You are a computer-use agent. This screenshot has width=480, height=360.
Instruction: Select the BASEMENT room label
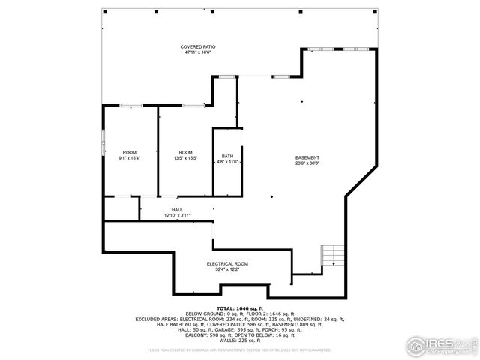(x=307, y=157)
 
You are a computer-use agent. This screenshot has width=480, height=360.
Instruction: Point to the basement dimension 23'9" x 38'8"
(x=307, y=163)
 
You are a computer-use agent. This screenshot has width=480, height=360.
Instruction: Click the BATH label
(x=227, y=157)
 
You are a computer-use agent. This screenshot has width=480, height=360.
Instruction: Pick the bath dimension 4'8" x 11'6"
(x=227, y=162)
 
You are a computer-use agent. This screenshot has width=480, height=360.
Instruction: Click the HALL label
(x=177, y=210)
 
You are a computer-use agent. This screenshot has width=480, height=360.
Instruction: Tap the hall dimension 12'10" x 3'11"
(x=177, y=215)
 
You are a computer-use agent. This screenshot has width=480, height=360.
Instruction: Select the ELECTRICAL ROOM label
(x=227, y=264)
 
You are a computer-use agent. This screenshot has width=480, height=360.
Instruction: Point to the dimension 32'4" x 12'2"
(x=227, y=269)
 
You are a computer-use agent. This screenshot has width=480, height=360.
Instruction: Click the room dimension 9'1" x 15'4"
(x=130, y=158)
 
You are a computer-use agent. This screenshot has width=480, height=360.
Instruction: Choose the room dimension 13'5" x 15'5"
(x=185, y=158)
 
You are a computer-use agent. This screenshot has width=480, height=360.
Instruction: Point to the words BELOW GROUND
(x=204, y=313)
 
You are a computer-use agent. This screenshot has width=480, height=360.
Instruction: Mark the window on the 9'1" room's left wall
(x=103, y=140)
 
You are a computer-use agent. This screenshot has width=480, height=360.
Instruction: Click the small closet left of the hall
(x=120, y=208)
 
